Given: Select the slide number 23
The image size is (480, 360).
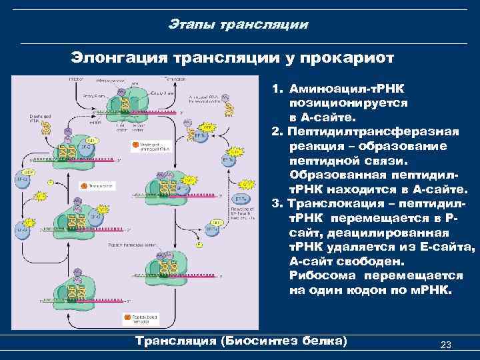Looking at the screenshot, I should coord(446,345).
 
